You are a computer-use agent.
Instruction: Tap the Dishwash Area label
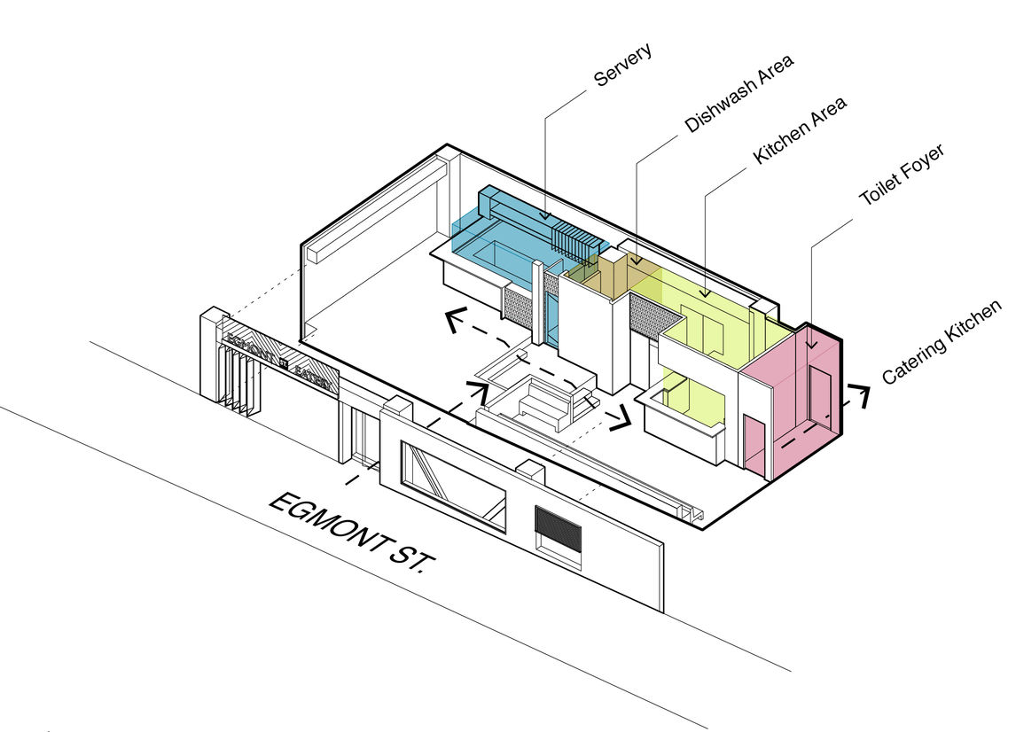739,93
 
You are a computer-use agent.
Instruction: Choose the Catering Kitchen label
941,342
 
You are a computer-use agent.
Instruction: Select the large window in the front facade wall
453,487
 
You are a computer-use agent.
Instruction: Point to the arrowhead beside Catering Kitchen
859,395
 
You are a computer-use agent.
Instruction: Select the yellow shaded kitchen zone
709,310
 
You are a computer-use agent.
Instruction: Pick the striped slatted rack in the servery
576,239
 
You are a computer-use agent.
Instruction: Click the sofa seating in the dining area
541,403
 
